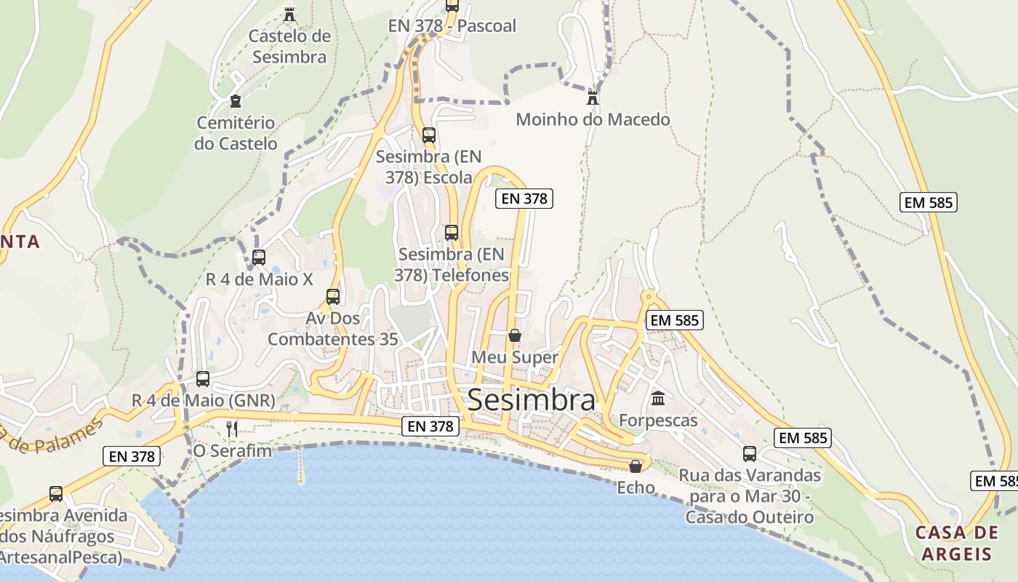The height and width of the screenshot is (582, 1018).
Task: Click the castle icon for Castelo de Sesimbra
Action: [x=289, y=14]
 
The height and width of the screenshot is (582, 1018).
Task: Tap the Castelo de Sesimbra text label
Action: [x=289, y=47]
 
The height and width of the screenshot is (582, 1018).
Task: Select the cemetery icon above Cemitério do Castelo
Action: [x=235, y=101]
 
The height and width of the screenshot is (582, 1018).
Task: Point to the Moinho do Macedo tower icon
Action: [x=593, y=97]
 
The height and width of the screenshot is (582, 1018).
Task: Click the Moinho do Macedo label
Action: [x=593, y=119]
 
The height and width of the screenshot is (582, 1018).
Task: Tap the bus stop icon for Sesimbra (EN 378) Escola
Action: [x=429, y=135]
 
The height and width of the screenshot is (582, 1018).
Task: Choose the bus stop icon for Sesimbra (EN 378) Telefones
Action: [x=452, y=233]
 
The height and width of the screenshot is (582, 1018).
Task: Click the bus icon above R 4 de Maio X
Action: [x=259, y=257]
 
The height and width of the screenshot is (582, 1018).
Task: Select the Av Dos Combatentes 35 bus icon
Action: [x=333, y=297]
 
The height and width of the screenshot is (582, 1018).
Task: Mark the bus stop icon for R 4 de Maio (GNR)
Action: [x=203, y=379]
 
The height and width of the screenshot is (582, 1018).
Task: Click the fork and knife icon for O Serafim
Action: [x=232, y=428]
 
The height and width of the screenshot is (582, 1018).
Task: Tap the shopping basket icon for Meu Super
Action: [x=515, y=335]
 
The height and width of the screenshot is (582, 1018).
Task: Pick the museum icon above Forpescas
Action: [x=658, y=398]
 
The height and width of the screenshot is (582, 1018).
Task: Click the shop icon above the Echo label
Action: [x=636, y=466]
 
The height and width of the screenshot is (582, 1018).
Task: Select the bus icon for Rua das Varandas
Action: [x=750, y=454]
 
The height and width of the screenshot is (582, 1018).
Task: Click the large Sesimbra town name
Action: [x=531, y=400]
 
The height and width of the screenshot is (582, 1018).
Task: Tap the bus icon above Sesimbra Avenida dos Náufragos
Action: [x=56, y=494]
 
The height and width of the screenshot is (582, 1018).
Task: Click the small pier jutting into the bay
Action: [x=300, y=466]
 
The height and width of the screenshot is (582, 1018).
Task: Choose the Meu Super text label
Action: [x=515, y=357]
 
